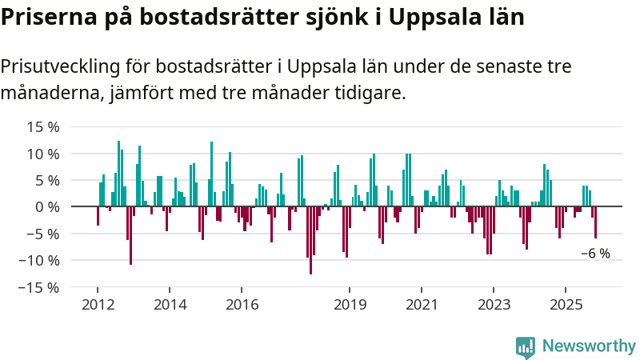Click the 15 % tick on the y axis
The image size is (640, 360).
pyautogui.click(x=43, y=127)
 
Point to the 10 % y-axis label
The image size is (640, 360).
pyautogui.click(x=43, y=154)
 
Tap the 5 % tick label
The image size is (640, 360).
pyautogui.click(x=46, y=180)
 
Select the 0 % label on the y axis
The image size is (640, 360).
pyautogui.click(x=46, y=207)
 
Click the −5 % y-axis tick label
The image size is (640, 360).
pyautogui.click(x=43, y=234)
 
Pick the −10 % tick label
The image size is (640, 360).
pyautogui.click(x=40, y=260)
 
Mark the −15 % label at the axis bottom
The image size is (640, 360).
pyautogui.click(x=40, y=286)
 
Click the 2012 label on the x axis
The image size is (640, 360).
pyautogui.click(x=98, y=304)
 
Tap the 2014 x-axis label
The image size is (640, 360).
pyautogui.click(x=170, y=304)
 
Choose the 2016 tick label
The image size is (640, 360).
pyautogui.click(x=242, y=304)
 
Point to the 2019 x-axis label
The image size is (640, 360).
pyautogui.click(x=350, y=304)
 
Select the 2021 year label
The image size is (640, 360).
pyautogui.click(x=422, y=304)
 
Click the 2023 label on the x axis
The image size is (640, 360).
pyautogui.click(x=494, y=304)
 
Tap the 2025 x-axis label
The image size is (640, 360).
pyautogui.click(x=566, y=304)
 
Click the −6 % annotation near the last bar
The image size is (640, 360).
pyautogui.click(x=595, y=254)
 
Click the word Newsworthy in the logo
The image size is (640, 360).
pyautogui.click(x=589, y=346)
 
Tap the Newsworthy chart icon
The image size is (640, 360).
pyautogui.click(x=526, y=346)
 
